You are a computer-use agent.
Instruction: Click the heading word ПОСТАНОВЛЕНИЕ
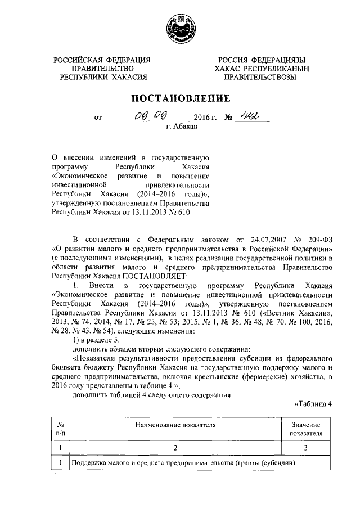(180, 98)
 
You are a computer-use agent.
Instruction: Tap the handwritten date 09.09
(145, 116)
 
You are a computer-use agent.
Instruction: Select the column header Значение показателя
(305, 429)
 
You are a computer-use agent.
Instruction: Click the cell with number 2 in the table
(175, 448)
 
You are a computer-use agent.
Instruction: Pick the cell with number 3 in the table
(305, 448)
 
